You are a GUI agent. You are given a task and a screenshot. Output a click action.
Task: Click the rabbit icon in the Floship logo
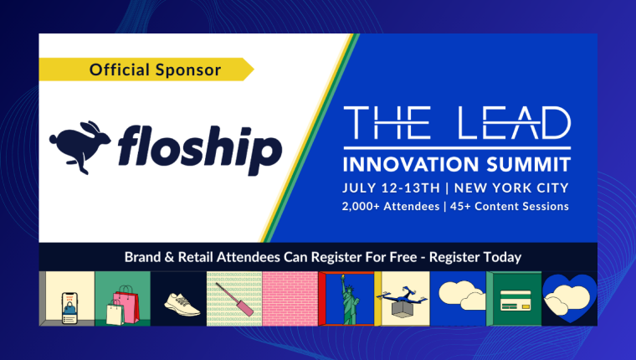pyautogui.click(x=79, y=147)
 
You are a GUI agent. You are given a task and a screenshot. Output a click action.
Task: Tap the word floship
pyautogui.click(x=200, y=149)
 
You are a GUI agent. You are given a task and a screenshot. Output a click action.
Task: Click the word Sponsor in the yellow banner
pyautogui.click(x=188, y=70)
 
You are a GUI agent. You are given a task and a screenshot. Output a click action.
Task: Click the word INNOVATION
pyautogui.click(x=411, y=165)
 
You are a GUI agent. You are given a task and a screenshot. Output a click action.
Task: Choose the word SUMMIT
pyautogui.click(x=529, y=165)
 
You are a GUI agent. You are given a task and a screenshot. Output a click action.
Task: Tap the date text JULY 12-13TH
pyautogui.click(x=391, y=188)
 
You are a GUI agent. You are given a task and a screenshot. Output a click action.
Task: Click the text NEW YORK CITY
pyautogui.click(x=511, y=188)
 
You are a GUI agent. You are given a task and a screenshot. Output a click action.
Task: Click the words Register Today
pyautogui.click(x=475, y=257)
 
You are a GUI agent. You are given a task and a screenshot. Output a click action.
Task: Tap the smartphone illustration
pyautogui.click(x=69, y=307)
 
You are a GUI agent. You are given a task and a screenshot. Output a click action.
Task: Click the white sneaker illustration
pyautogui.click(x=182, y=305)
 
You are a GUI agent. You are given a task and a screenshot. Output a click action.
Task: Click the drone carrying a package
pyautogui.click(x=403, y=301)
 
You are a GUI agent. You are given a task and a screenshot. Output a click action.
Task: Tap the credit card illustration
pyautogui.click(x=515, y=301)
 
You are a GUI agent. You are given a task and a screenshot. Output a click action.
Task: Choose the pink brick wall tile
pyautogui.click(x=290, y=299)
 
